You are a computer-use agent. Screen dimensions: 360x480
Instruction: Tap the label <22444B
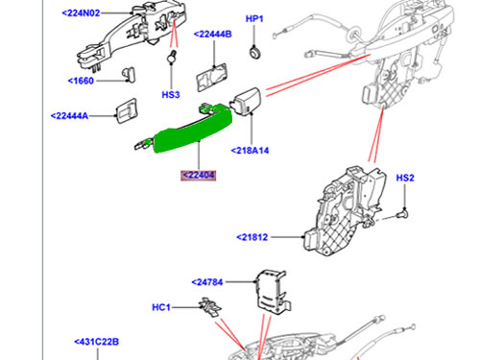213,34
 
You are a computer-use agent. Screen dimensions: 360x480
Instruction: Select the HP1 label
253,18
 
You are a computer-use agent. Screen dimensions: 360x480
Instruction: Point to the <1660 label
84,81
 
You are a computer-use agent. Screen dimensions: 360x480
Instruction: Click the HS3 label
171,95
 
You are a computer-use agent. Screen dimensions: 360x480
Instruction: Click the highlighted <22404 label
198,176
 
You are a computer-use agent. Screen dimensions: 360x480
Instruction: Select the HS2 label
405,178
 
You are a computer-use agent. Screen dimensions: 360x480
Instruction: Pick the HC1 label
161,308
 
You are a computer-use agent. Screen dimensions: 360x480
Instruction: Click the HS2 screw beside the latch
406,211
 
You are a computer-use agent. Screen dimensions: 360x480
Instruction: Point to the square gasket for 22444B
213,81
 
